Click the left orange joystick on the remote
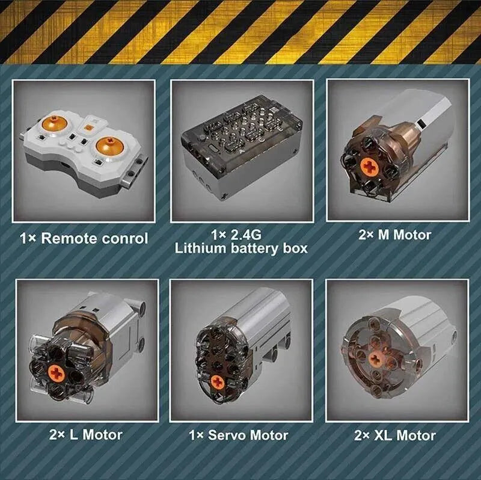point(54,123)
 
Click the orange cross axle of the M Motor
point(368,166)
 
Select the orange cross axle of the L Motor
point(56,372)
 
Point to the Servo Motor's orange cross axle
point(218,382)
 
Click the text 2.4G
point(246,235)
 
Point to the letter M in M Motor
point(384,235)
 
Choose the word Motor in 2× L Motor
point(102,435)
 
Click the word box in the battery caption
point(295,248)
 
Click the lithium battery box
point(242,147)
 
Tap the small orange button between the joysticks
point(88,127)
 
